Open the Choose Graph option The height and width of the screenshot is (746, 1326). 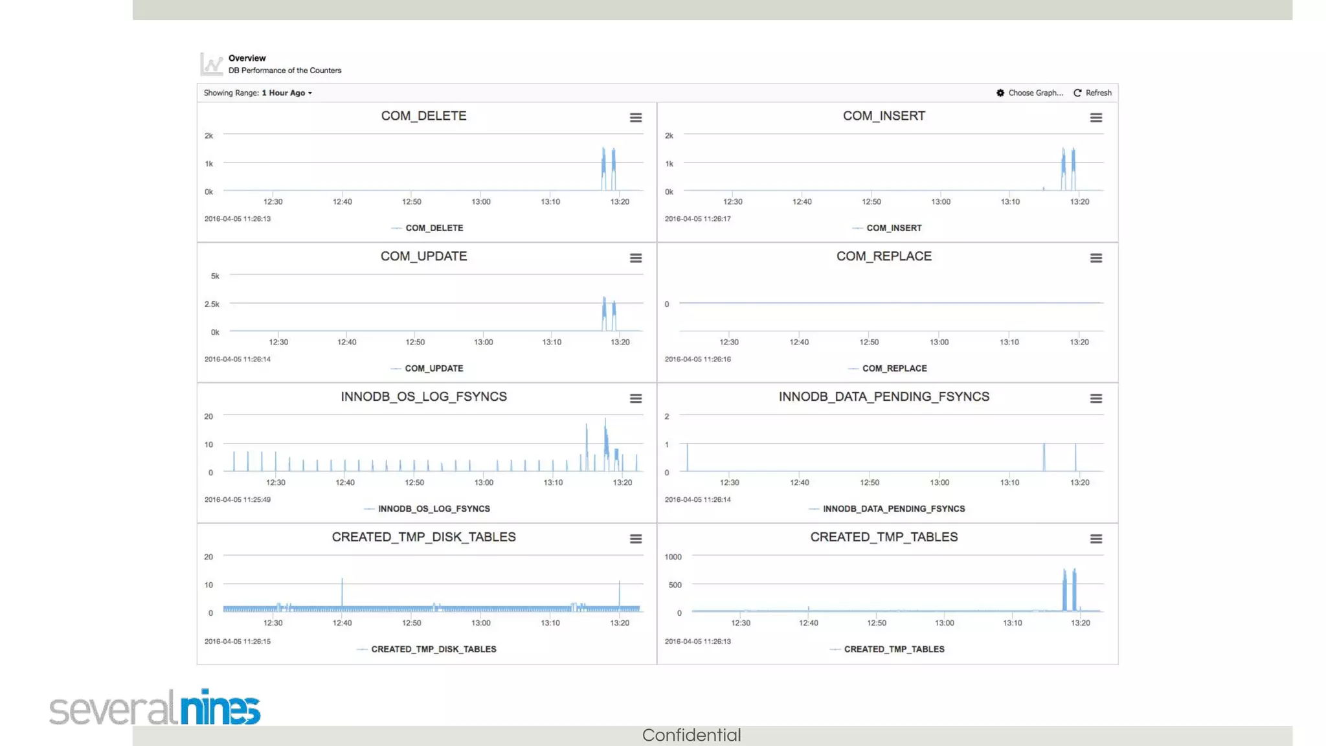1029,93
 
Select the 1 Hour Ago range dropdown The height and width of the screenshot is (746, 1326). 287,93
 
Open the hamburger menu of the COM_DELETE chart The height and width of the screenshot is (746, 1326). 636,118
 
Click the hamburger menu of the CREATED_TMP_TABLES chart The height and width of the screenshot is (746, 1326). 1096,539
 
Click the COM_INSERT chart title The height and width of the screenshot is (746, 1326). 884,116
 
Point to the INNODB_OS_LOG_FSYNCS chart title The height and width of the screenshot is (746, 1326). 423,396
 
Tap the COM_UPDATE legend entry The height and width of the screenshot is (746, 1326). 433,368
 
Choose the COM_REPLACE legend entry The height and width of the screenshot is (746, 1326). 893,368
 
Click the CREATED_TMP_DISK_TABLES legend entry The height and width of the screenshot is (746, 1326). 433,649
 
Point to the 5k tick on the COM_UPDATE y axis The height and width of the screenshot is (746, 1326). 215,276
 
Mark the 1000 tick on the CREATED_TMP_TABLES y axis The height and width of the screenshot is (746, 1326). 673,557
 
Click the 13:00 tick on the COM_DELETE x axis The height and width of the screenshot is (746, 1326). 481,201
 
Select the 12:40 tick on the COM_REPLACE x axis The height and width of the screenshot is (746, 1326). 799,342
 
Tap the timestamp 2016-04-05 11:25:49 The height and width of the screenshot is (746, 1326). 238,499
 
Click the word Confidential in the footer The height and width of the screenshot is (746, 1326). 691,735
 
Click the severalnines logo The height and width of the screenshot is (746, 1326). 155,707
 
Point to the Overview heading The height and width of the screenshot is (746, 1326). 247,58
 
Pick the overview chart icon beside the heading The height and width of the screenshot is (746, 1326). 212,64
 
